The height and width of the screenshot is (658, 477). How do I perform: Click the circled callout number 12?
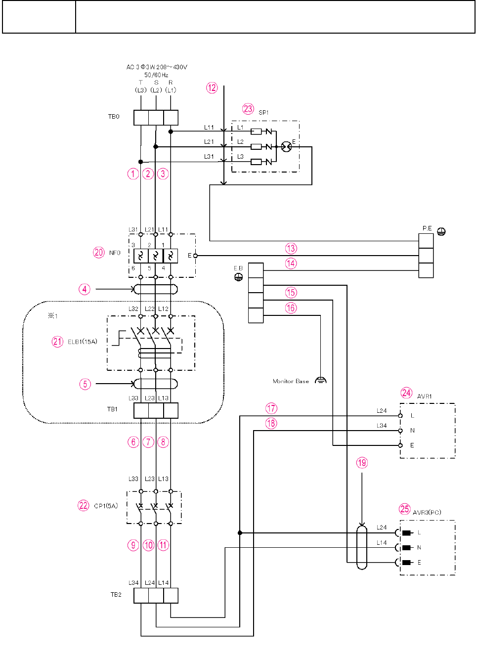tap(212, 88)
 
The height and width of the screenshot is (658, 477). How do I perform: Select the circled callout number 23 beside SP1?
tap(248, 109)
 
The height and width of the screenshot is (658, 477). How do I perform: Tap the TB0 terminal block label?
tap(114, 117)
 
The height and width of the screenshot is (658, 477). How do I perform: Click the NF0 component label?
tap(115, 253)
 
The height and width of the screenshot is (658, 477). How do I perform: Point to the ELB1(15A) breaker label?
tap(83, 342)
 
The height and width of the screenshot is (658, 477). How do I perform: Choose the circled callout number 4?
tap(85, 289)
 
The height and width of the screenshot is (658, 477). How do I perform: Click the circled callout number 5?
tap(85, 384)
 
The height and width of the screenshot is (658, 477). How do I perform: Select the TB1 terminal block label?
tap(112, 409)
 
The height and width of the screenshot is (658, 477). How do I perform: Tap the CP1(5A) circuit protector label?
tap(106, 506)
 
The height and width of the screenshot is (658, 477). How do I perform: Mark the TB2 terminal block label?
tap(116, 595)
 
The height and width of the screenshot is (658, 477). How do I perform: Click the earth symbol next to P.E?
tap(441, 231)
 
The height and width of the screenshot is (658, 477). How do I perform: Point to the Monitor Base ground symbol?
tap(321, 380)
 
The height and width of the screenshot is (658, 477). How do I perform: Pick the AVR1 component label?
tap(425, 396)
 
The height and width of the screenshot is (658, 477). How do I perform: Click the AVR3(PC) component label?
tap(427, 513)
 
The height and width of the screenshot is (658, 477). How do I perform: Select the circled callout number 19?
tap(362, 463)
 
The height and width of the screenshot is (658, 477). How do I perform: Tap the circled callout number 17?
tap(271, 408)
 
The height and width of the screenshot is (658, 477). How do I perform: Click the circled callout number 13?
tap(291, 248)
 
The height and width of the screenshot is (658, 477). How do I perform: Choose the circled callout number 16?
tap(291, 308)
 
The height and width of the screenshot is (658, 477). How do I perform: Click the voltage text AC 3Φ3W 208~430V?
tap(157, 67)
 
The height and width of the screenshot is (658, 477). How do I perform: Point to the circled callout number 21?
tap(57, 342)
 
